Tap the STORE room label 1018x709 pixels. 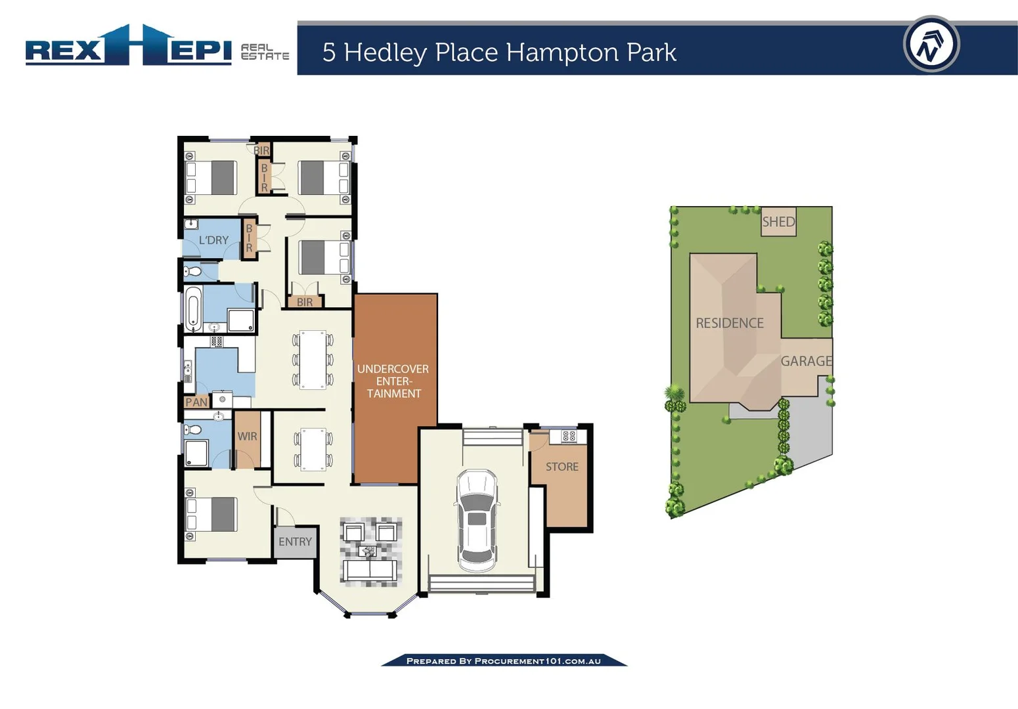point(562,467)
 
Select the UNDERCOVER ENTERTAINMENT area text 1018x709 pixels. point(393,381)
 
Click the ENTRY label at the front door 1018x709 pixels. point(295,542)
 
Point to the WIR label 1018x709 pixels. point(248,437)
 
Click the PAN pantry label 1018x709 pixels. point(196,402)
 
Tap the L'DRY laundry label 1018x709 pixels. point(213,240)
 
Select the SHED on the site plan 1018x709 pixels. point(778,222)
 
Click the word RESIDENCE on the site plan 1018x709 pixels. point(730,323)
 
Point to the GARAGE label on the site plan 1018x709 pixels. point(806,361)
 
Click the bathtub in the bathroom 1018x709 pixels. point(192,309)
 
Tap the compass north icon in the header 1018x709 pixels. point(931,45)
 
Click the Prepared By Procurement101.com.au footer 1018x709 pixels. point(504,661)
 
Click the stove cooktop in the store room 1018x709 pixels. point(569,436)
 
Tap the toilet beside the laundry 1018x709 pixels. point(192,271)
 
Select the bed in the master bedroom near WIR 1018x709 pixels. point(211,514)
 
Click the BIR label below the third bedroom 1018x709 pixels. point(305,303)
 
